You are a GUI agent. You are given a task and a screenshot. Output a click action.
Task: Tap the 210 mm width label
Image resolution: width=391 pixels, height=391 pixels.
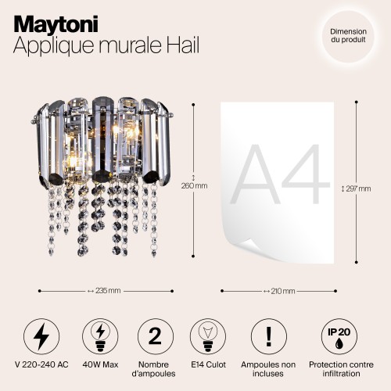282,291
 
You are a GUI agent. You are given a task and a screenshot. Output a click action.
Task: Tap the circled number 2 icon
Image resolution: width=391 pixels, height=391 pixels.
154,335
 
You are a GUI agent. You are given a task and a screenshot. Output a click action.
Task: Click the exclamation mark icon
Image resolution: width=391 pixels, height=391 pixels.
269,335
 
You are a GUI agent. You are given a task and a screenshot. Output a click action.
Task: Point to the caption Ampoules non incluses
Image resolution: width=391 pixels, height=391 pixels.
269,370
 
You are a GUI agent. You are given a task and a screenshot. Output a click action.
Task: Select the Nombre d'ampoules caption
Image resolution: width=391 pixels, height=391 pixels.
154,370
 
